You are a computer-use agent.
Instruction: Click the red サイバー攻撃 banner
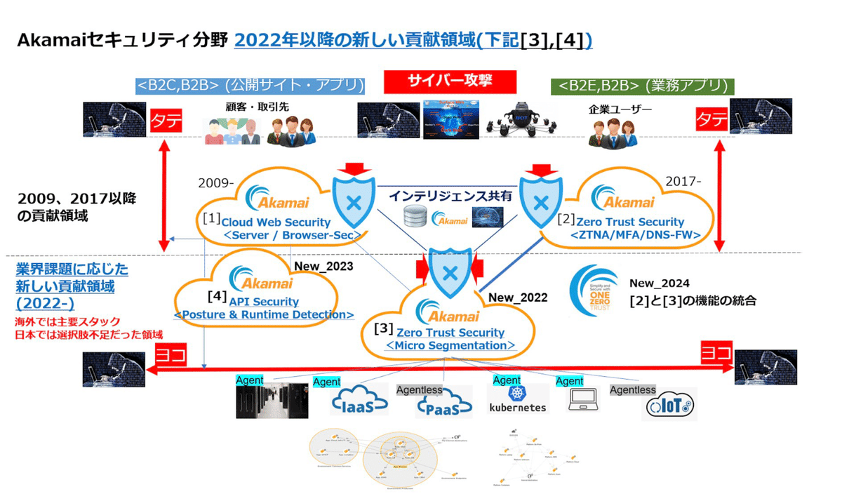450,81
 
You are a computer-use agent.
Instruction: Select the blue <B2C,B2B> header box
250,86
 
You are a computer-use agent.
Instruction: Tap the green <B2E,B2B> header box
643,86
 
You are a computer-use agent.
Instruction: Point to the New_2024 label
659,283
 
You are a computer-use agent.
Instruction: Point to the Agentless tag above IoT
632,389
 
